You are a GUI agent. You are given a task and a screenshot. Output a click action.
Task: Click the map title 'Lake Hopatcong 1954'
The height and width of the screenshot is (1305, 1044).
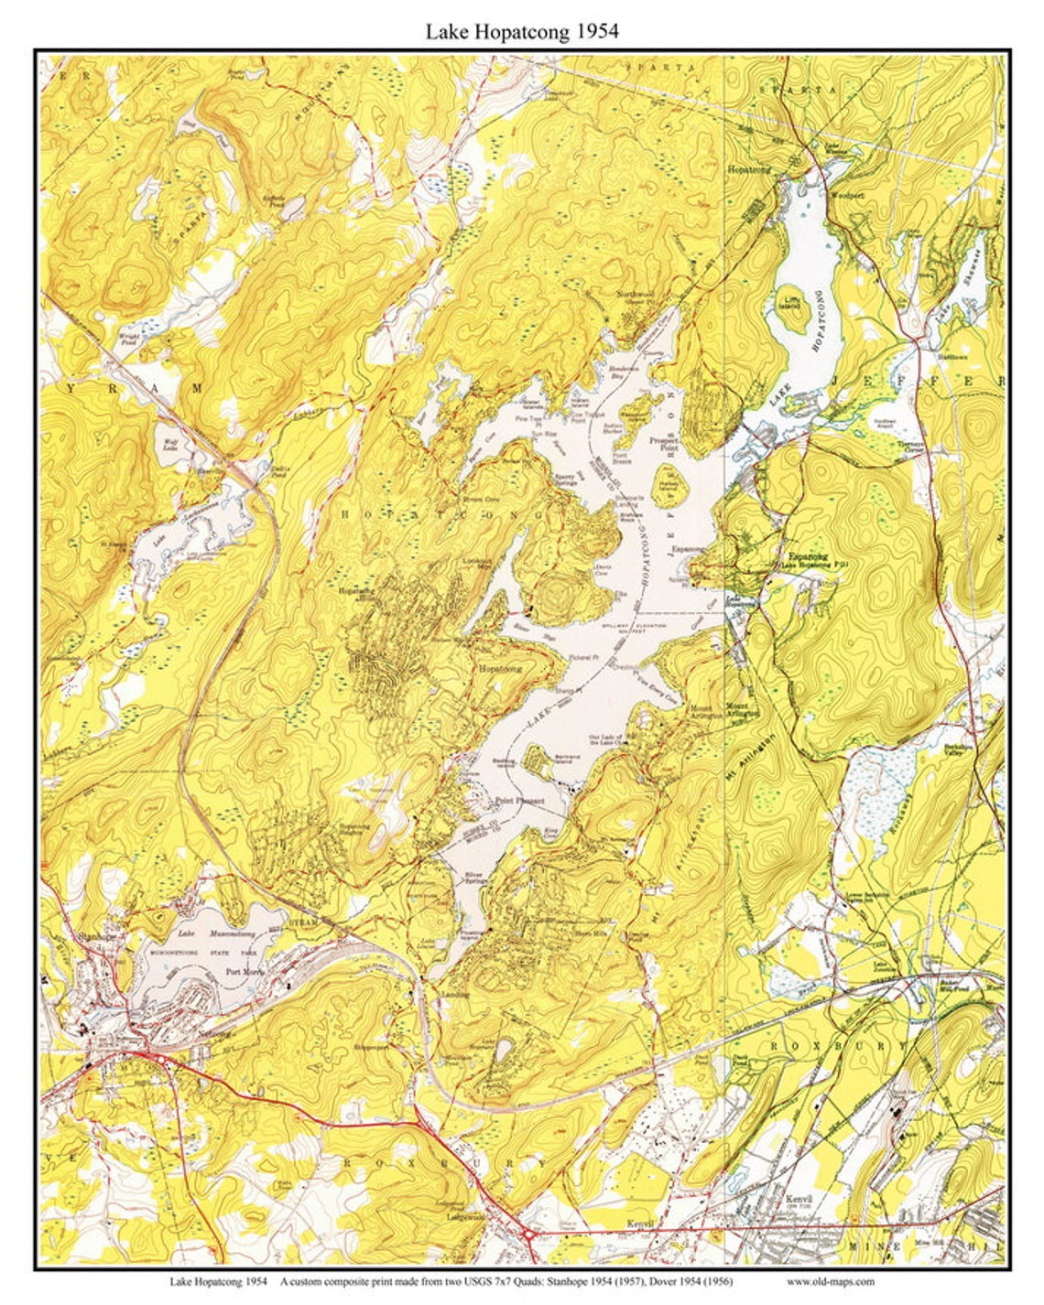tap(521, 31)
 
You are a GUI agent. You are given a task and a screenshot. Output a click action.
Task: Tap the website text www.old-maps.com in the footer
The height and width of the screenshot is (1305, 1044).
tap(830, 1281)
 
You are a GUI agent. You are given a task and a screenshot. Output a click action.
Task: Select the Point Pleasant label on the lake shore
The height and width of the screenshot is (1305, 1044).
tap(519, 801)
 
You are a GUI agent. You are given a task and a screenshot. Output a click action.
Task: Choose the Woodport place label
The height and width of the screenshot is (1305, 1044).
tap(846, 195)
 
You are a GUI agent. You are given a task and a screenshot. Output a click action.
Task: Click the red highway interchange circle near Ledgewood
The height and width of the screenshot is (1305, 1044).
tap(528, 1235)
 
